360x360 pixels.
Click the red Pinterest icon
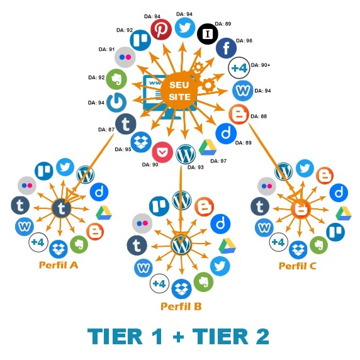pos(161,30)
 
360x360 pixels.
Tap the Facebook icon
pos(226,48)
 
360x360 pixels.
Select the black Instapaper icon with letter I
pos(208,34)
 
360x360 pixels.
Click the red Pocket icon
pos(162,152)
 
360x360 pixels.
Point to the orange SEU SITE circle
pos(179,91)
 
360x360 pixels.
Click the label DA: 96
pos(244,41)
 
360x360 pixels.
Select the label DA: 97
pos(218,161)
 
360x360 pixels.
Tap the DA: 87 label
pos(106,130)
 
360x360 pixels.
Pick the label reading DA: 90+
pos(261,65)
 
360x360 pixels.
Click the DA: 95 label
pos(123,149)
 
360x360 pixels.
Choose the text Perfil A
pos(59,265)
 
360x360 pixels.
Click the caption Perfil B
pos(181,307)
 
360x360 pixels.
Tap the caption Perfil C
pos(297,266)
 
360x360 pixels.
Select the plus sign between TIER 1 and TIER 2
pos(178,337)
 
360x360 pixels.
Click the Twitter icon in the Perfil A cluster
pos(65,167)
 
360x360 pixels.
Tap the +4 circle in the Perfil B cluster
pos(159,284)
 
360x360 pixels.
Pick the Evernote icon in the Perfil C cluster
pos(318,245)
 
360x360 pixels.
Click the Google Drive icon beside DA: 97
pos(207,147)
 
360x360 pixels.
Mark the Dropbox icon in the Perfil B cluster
pos(181,289)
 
